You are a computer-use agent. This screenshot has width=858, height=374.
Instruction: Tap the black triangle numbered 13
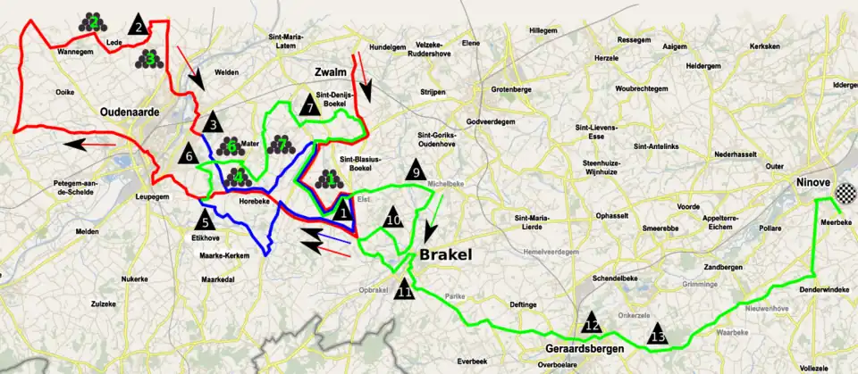658,334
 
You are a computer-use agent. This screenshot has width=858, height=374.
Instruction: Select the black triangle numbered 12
591,325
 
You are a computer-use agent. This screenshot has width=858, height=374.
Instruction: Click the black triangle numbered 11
405,288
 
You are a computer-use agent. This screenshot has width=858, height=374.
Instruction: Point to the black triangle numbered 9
415,170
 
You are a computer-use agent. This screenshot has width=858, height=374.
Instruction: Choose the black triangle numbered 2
139,26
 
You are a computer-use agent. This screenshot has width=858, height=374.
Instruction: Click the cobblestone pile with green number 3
150,58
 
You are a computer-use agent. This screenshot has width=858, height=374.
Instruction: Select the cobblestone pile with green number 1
327,178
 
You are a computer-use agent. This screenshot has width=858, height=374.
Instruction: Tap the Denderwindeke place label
800,290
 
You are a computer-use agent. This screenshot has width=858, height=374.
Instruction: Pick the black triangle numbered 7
309,106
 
